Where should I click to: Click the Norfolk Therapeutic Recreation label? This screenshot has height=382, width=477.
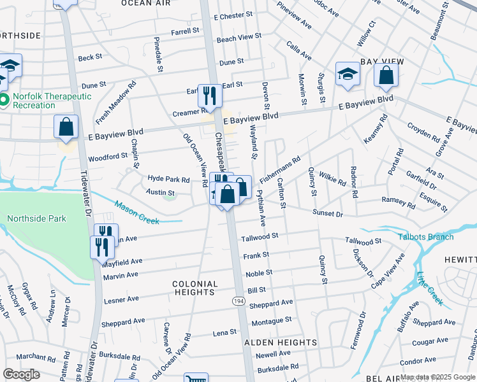point(50,101)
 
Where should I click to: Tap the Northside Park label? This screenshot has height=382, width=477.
point(36,218)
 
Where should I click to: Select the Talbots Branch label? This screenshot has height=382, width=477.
point(426,237)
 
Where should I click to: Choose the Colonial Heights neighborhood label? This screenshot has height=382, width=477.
point(194,288)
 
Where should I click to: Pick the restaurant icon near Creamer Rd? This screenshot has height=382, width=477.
point(210,96)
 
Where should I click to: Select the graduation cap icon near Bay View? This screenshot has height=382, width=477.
point(348,73)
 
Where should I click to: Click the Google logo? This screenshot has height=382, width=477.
point(21,374)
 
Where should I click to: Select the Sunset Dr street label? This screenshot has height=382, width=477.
point(328,213)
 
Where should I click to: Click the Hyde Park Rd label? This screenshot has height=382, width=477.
point(168,180)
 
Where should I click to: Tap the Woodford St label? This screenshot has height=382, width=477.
point(108,156)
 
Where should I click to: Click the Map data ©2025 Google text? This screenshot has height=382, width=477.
point(437,377)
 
